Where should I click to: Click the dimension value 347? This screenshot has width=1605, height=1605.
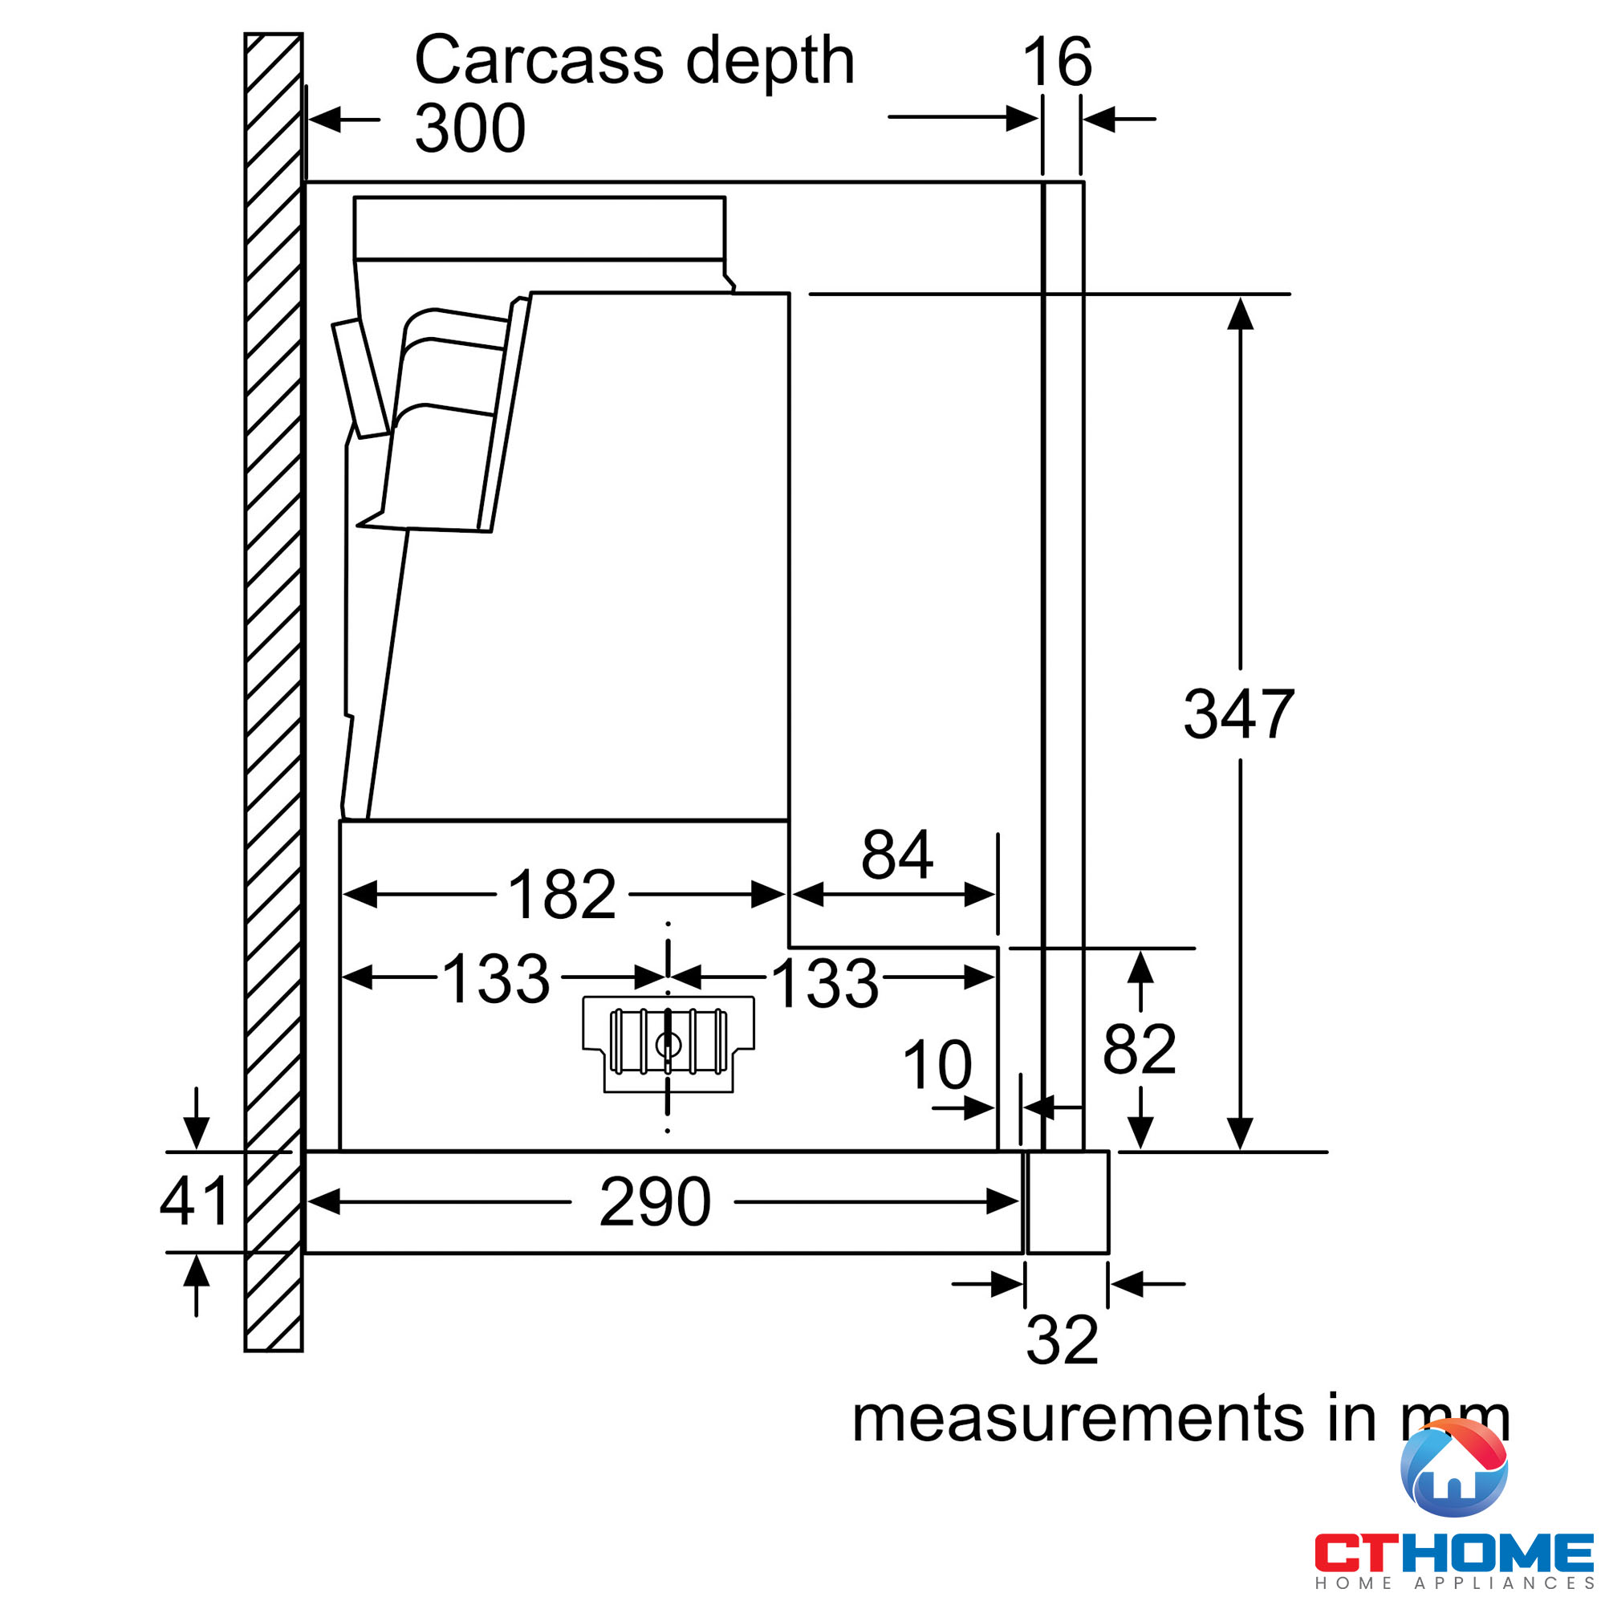tap(1238, 714)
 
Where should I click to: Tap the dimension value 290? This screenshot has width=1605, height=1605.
tap(655, 1202)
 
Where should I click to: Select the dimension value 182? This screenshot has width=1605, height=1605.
tap(562, 895)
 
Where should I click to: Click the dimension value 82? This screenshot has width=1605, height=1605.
tap(1139, 1049)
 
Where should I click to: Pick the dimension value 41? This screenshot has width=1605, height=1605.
tap(194, 1201)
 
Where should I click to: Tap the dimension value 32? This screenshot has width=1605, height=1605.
tap(1062, 1340)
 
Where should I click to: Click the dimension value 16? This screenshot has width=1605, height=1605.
tap(1057, 62)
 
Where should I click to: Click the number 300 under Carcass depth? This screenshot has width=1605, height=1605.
tap(469, 128)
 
